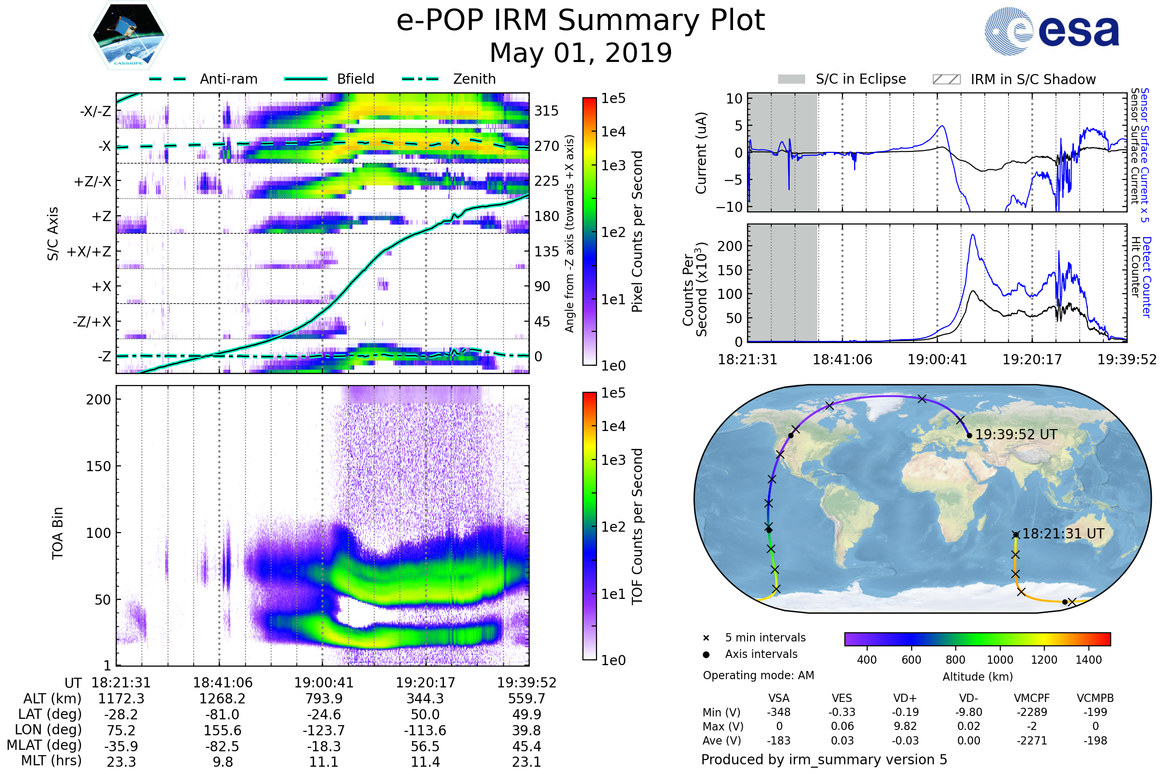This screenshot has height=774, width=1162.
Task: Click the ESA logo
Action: coord(1052,31)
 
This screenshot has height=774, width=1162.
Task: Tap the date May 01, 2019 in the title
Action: coord(581,53)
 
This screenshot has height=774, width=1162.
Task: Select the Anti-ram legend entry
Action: coord(228,79)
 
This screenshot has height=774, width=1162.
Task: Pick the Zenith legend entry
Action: coord(474,79)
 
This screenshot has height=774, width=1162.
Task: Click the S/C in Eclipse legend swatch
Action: coord(791,79)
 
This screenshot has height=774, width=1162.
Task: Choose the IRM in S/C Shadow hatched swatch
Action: coord(946,79)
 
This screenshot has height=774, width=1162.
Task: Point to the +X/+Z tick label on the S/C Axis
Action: coord(89,252)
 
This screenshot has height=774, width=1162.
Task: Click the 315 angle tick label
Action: coord(547,111)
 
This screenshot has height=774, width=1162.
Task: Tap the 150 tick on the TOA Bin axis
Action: coord(98,466)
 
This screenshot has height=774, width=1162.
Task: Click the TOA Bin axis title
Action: coord(58,533)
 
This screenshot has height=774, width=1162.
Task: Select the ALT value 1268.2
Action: coord(222,699)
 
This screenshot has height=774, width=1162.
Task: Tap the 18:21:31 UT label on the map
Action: coord(1063,534)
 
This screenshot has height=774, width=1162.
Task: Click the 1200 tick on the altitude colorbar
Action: coord(1044,660)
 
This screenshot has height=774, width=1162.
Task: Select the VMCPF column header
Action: coord(1032,699)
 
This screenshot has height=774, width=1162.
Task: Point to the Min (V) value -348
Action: coord(779,712)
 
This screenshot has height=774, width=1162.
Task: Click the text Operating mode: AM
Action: coord(758,675)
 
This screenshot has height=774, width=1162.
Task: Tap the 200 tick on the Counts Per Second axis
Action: coord(729,246)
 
